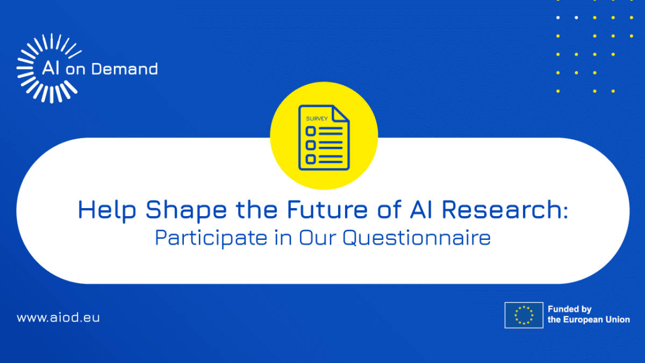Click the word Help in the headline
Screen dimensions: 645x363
click(107, 210)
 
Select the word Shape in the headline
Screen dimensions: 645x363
click(187, 210)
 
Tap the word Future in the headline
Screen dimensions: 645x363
click(327, 209)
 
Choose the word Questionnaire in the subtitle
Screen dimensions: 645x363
click(417, 238)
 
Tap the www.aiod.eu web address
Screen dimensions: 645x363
click(58, 317)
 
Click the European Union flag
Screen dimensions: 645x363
click(524, 315)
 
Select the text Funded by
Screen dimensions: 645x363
click(570, 309)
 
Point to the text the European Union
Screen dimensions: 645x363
click(589, 319)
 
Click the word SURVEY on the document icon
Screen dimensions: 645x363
click(317, 119)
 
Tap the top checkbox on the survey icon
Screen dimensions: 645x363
click(311, 131)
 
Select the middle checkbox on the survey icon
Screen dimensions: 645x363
click(311, 145)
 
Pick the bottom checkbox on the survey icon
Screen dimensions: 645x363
click(311, 159)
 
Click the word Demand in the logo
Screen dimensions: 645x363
click(124, 69)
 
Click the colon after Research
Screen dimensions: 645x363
click(566, 212)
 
